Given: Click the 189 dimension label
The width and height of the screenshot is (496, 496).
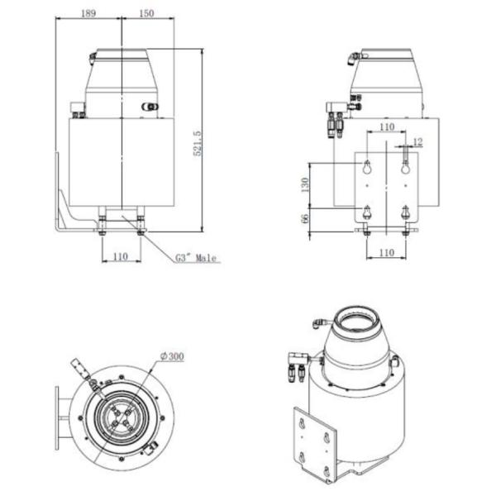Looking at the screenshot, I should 88,13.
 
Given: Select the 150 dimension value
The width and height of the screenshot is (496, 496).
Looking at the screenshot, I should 146,13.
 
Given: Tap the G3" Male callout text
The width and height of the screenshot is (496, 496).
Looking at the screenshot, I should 195,258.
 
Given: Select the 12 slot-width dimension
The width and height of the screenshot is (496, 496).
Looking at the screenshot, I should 417,142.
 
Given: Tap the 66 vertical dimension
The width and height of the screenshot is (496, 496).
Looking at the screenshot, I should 305,218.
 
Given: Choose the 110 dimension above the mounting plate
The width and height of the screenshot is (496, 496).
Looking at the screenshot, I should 385,127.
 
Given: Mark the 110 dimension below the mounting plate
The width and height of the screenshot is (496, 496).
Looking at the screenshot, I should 385,251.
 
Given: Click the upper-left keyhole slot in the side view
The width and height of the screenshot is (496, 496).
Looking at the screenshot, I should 366,167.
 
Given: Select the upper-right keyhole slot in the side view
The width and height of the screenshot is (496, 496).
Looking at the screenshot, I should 405,167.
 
